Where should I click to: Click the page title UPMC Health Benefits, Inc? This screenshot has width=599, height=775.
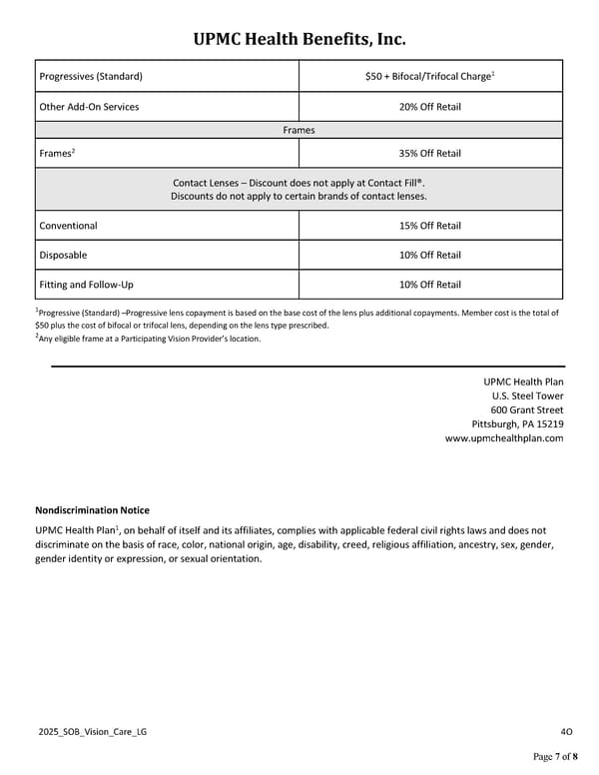coord(299,40)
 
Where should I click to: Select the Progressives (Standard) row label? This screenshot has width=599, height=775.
coord(90,76)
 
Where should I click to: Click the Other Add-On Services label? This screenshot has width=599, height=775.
coord(89,107)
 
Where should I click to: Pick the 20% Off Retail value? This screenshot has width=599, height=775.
coord(430,107)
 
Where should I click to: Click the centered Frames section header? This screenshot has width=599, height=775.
coord(299,130)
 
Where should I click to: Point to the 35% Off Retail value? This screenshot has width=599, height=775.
coord(430,153)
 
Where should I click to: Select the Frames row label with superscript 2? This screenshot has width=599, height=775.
coord(57,153)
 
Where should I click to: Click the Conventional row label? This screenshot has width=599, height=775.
coord(68,226)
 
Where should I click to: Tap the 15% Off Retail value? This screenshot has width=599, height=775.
coord(430,226)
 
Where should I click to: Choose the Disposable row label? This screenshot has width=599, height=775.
coord(63,255)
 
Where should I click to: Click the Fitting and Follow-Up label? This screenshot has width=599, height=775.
coord(86,285)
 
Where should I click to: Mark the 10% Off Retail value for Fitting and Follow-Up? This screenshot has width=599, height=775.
coord(430,285)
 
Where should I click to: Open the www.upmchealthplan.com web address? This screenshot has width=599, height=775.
coord(503,438)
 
